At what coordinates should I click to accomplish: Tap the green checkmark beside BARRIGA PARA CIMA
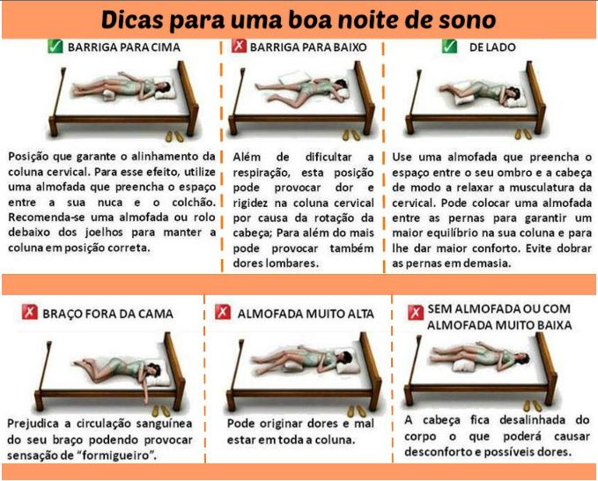tap(55, 46)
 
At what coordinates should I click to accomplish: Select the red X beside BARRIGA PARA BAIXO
tap(239, 46)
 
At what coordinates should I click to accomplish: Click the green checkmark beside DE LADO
tap(450, 46)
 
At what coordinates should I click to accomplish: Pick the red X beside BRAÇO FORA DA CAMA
tap(29, 312)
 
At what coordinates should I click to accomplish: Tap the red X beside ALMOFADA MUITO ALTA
tap(223, 312)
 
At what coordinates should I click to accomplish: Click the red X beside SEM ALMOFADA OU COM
tap(416, 313)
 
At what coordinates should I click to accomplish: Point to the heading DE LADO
tap(492, 48)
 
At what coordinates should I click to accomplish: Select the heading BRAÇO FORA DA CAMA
tap(108, 314)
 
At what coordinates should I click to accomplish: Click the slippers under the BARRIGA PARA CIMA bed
tap(174, 137)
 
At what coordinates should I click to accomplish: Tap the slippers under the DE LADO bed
tap(523, 134)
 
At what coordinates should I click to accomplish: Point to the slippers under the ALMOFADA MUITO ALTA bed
tap(356, 411)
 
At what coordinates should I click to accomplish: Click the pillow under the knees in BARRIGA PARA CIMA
tap(112, 95)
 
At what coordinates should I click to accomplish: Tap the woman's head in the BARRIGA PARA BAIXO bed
tap(341, 85)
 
